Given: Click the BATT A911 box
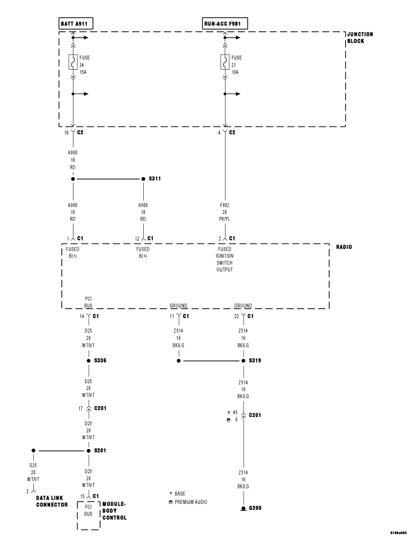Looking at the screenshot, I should tap(75, 24).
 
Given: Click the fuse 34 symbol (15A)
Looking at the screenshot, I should tap(73, 62).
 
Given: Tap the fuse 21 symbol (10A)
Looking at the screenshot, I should tap(225, 62).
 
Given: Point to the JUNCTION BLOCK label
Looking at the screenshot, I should tap(360, 37).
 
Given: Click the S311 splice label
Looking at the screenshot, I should tap(155, 179).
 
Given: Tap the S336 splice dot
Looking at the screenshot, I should tap(89, 361).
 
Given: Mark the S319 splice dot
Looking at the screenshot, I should tap(243, 361).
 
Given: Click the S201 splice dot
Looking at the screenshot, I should tap(89, 450).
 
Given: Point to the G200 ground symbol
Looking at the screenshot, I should tap(243, 509).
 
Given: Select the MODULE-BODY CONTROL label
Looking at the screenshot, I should tap(115, 508).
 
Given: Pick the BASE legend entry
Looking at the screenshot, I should tap(178, 494).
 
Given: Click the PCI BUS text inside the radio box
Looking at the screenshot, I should tap(89, 302).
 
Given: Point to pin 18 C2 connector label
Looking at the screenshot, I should tap(75, 132).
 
